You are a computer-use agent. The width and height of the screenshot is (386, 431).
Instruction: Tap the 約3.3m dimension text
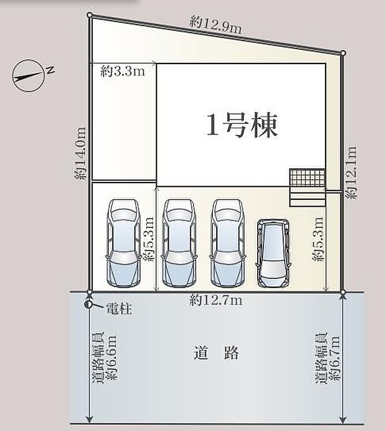click(123, 72)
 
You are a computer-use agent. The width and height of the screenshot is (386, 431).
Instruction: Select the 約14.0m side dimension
click(81, 153)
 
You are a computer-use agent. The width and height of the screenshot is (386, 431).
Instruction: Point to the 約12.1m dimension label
click(351, 172)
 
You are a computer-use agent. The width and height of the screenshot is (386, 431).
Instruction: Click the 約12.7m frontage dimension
click(216, 300)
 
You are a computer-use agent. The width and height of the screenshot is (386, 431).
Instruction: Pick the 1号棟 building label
click(242, 125)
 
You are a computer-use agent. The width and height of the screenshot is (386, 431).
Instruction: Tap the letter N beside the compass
click(50, 70)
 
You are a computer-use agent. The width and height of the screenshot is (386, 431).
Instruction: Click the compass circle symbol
click(28, 75)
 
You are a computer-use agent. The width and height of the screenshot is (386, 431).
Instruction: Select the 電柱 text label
click(119, 309)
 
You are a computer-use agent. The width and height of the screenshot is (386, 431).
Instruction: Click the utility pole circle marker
click(89, 305)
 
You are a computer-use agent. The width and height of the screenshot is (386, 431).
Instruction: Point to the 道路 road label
click(217, 353)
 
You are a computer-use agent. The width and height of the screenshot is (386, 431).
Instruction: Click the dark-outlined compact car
click(273, 253)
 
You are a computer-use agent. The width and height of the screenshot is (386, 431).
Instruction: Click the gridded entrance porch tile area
click(307, 178)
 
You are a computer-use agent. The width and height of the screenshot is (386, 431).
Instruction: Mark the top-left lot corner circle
click(89, 15)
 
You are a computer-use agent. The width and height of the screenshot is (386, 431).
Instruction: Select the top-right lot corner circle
click(343, 53)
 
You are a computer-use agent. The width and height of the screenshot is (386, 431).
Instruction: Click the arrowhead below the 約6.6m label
click(89, 420)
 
